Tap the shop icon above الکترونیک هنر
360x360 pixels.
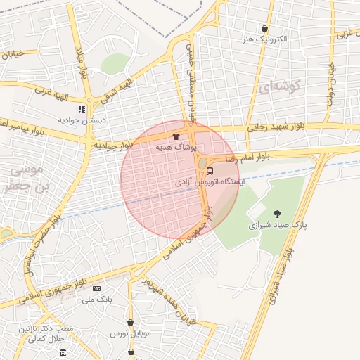(264, 29)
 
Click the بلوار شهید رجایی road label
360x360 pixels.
(275, 127)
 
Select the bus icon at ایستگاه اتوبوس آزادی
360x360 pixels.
(210, 171)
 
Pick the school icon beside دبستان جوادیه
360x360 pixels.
(82, 110)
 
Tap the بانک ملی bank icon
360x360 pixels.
(96, 289)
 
